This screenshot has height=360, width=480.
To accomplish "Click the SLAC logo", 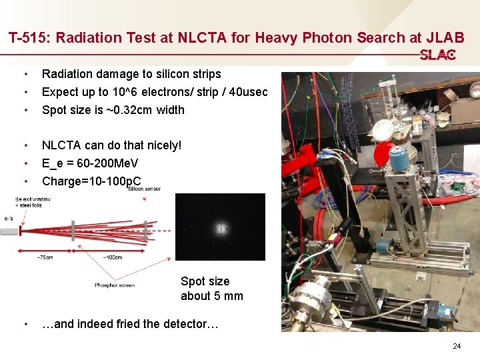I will tap(437, 55).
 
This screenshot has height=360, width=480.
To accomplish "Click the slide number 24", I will tap(457, 346).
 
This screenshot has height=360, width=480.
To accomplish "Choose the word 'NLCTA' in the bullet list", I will tap(64, 145).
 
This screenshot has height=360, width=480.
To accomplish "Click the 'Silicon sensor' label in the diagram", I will tap(143, 189).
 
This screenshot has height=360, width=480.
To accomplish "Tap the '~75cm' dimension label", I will tap(46, 257).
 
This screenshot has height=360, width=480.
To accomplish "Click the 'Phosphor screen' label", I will tap(115, 285).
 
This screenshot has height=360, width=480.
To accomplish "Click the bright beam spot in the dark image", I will tap(220, 228).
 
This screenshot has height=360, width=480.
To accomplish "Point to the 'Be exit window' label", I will tap(33, 199).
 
